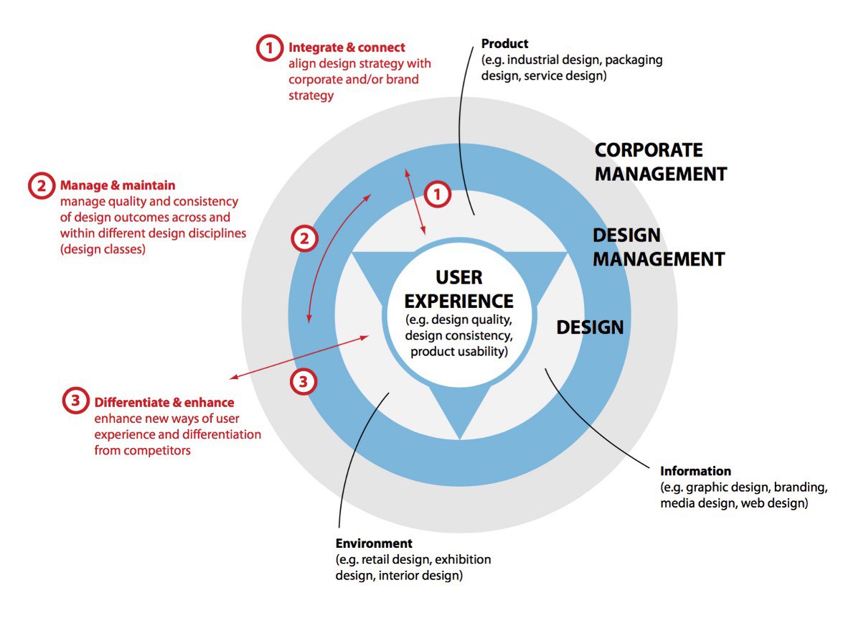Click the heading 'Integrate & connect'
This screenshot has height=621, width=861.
click(x=347, y=48)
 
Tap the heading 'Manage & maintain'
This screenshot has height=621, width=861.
click(x=118, y=186)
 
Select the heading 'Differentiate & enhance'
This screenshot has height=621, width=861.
click(x=164, y=402)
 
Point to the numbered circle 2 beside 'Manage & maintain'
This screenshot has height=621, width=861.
click(x=41, y=186)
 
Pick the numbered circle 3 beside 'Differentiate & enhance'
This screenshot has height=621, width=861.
click(x=75, y=401)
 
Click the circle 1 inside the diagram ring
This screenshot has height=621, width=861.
click(x=438, y=194)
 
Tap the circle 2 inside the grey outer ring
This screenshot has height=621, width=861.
click(x=304, y=239)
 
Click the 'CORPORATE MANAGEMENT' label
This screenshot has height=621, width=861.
click(x=660, y=162)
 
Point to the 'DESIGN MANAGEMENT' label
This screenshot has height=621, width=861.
click(x=658, y=247)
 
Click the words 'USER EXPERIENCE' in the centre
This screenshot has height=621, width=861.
click(x=459, y=289)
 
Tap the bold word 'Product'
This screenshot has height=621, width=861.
click(x=505, y=45)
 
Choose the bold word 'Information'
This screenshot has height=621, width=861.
click(x=695, y=472)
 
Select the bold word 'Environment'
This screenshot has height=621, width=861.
click(x=374, y=543)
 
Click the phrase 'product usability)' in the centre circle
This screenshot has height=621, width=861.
click(x=459, y=352)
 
